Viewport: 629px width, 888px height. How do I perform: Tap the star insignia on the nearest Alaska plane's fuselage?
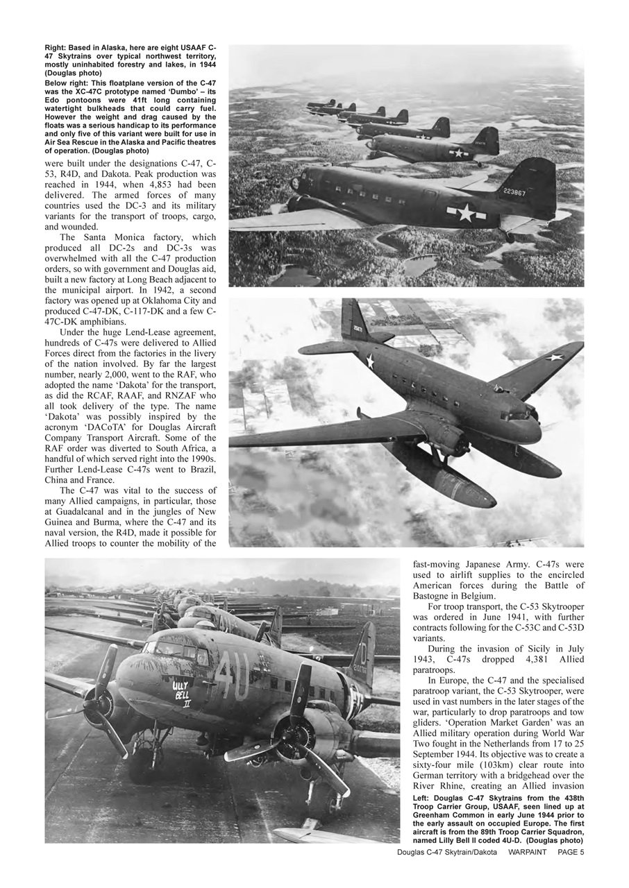[x=463, y=213]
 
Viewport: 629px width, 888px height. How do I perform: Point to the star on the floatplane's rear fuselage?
[x=370, y=361]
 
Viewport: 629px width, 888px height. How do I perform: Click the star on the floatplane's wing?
[x=553, y=358]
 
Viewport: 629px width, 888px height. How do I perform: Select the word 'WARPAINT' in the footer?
[x=527, y=852]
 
